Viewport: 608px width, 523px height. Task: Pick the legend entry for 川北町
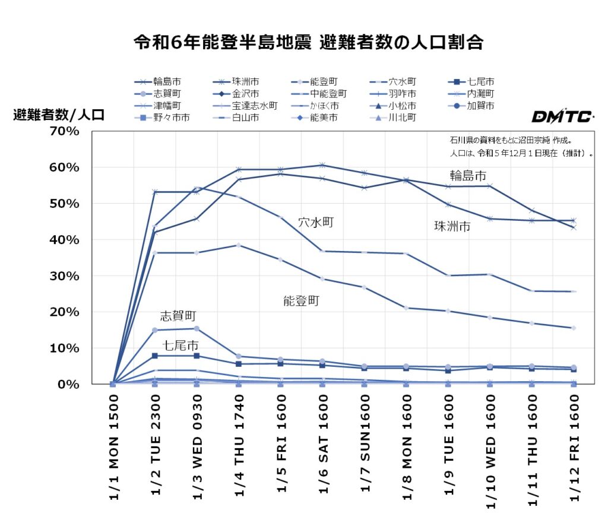pyautogui.click(x=401, y=118)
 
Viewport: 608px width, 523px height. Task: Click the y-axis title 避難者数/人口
pyautogui.click(x=59, y=116)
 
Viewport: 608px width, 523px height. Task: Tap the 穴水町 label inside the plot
pyautogui.click(x=316, y=222)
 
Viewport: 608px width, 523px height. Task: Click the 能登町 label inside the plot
pyautogui.click(x=301, y=301)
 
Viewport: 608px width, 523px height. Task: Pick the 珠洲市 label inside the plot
pyautogui.click(x=452, y=226)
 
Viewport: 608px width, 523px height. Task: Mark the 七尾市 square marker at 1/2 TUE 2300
pyautogui.click(x=155, y=356)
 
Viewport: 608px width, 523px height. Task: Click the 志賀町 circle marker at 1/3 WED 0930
pyautogui.click(x=197, y=329)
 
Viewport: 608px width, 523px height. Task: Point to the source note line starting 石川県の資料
pyautogui.click(x=514, y=141)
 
